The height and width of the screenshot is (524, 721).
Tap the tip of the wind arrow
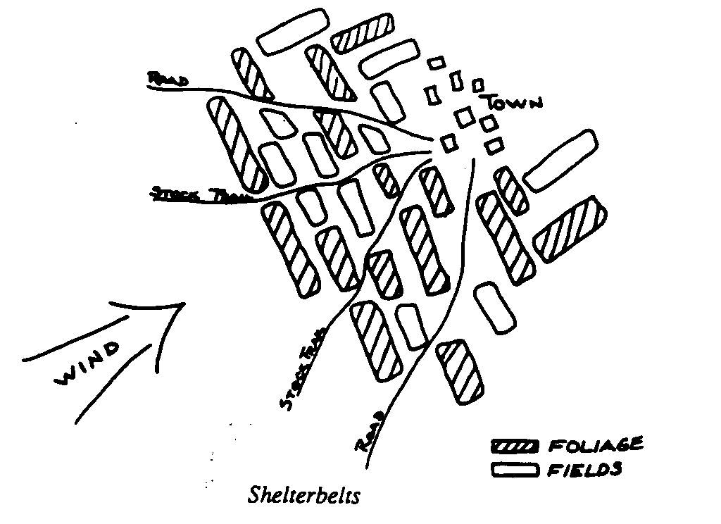coord(184,304)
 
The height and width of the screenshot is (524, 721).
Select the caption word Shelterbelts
coord(304,495)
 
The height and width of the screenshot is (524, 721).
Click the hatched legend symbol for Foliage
coord(514,446)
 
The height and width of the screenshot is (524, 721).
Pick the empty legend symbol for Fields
coord(514,470)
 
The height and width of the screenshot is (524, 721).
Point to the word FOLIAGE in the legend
coord(594,445)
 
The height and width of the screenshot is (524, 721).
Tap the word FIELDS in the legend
coord(584,469)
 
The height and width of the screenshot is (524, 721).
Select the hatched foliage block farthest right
coord(570,230)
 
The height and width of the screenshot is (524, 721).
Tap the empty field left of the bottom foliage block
coord(412,325)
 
